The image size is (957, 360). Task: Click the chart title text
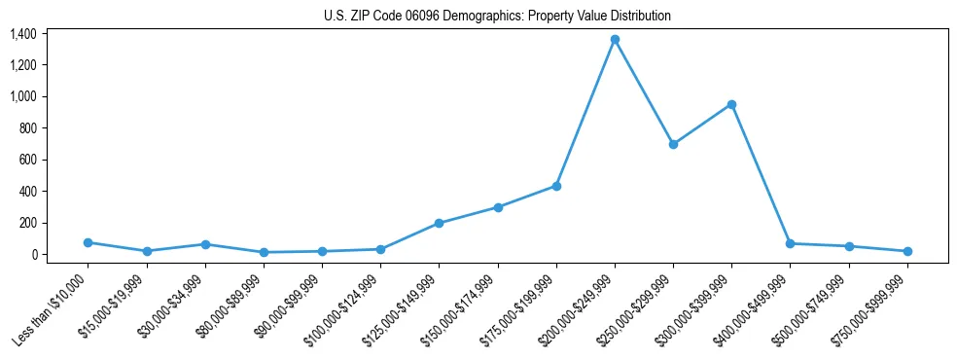point(497,17)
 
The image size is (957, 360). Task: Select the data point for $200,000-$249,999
point(615,39)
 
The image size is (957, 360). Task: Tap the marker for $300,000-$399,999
point(731,104)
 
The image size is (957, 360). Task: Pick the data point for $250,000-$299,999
point(673,144)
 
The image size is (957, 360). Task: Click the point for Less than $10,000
point(89,242)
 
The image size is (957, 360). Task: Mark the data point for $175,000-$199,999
point(556,186)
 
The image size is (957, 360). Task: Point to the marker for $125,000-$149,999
point(440,223)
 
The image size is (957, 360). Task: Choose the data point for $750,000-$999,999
point(907,251)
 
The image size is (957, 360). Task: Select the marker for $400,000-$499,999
point(790,243)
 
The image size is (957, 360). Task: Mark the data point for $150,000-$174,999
point(498,207)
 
